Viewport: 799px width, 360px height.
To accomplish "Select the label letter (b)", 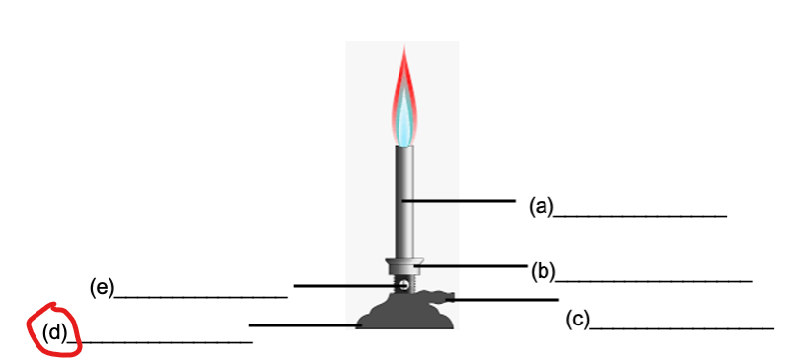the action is (544, 271).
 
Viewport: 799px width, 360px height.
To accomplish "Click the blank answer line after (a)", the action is (640, 214).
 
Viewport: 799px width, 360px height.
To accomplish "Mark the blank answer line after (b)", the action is (655, 280).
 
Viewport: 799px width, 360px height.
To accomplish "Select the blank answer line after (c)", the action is (682, 326).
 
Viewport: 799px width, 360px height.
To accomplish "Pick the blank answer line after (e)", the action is (201, 295).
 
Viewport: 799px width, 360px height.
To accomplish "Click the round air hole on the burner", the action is (403, 285).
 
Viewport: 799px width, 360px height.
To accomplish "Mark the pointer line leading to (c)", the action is (503, 299).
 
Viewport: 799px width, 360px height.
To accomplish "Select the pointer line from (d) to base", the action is (301, 324).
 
